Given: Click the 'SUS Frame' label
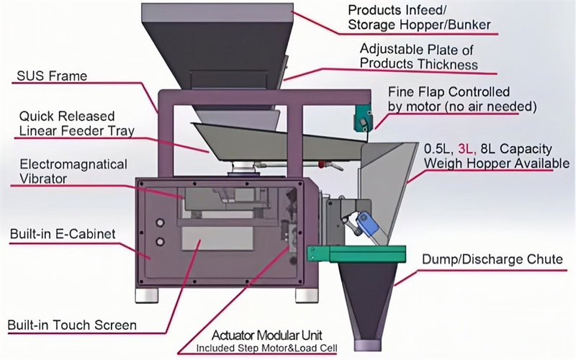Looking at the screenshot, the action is click(x=52, y=76).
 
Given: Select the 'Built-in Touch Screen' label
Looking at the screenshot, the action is click(x=72, y=325).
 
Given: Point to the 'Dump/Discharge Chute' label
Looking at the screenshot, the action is click(x=492, y=259).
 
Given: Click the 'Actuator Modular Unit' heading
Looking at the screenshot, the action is click(x=267, y=335).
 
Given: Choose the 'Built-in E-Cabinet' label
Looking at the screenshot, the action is click(x=63, y=234).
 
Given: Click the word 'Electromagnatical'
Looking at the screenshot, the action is click(x=73, y=164).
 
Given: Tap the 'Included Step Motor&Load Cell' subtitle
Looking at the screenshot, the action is click(x=266, y=348).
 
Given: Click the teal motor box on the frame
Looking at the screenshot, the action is click(x=364, y=117).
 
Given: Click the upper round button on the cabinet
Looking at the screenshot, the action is click(x=160, y=222).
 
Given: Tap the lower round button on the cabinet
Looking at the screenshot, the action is click(x=160, y=241).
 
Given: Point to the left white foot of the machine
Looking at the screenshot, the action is click(x=147, y=295).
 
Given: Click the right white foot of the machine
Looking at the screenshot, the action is click(x=307, y=295).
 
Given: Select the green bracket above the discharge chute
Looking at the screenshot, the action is click(x=356, y=254).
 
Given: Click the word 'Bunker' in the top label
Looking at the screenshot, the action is click(x=468, y=25).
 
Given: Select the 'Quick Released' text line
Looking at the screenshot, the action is click(x=67, y=117).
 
